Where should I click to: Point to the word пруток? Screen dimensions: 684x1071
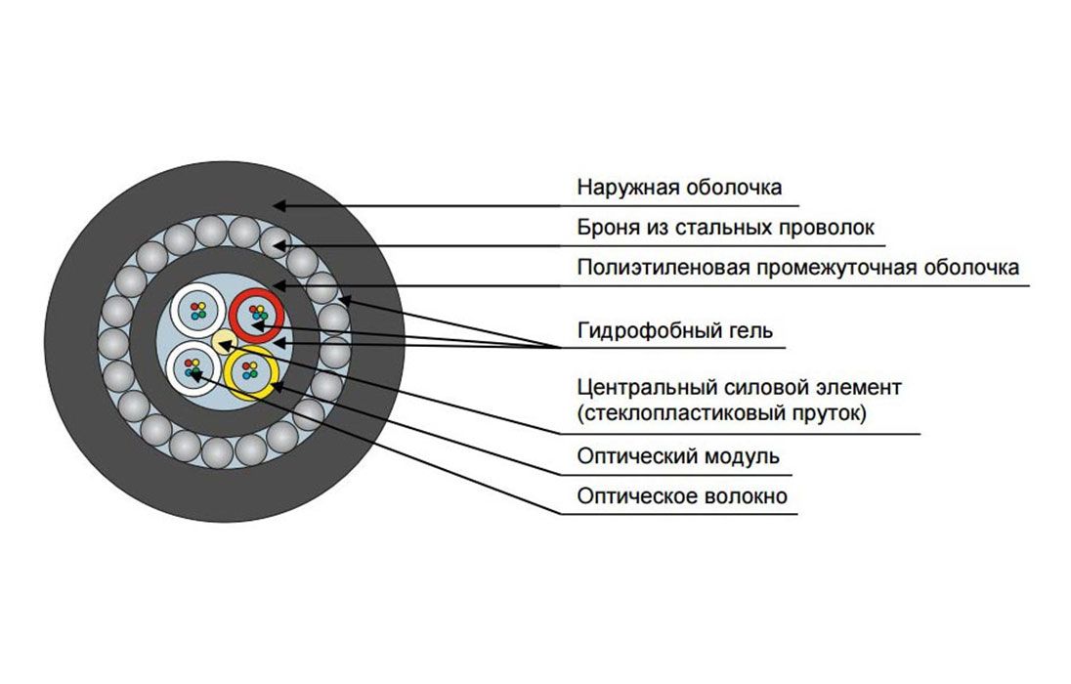tap(825, 413)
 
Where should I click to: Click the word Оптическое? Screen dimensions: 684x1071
tap(635, 496)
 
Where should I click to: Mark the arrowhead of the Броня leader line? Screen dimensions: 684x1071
tap(277, 244)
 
